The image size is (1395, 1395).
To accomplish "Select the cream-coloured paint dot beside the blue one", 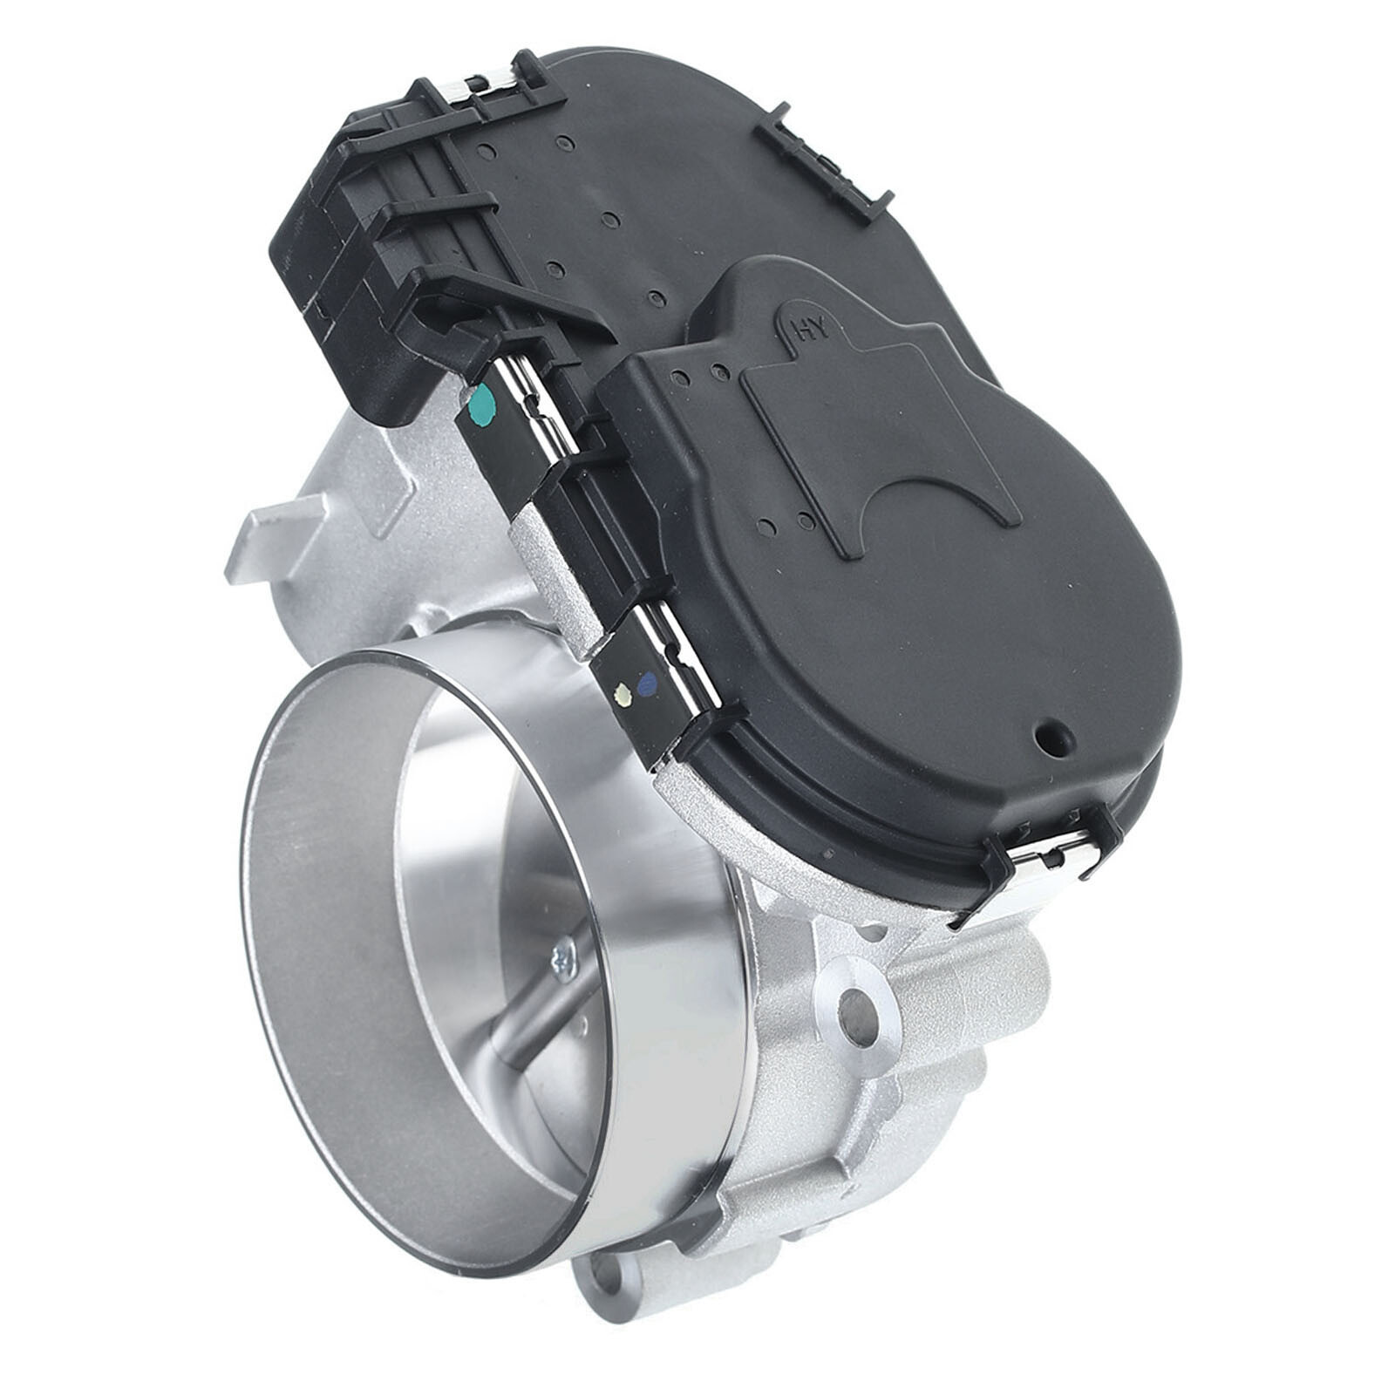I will click(623, 695).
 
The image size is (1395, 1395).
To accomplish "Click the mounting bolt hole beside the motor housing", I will click(860, 1011).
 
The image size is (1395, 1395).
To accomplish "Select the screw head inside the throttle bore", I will click(563, 962).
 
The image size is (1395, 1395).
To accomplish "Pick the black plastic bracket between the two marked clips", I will click(602, 514).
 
